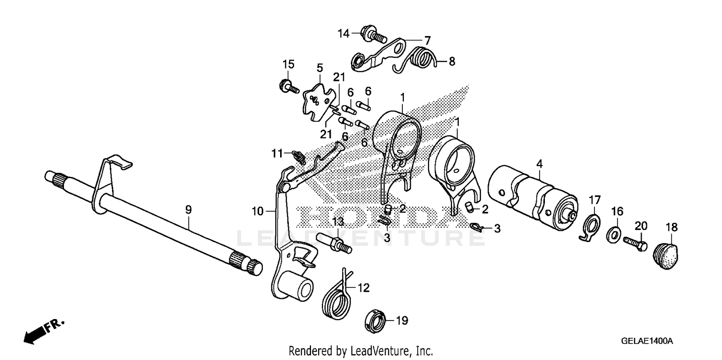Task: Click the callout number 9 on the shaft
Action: [x=189, y=209]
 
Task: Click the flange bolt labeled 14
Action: [x=372, y=35]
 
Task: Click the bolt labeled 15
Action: [x=286, y=88]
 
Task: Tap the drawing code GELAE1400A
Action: [x=646, y=341]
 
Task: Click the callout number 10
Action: [x=258, y=210]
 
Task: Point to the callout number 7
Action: [x=426, y=40]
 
